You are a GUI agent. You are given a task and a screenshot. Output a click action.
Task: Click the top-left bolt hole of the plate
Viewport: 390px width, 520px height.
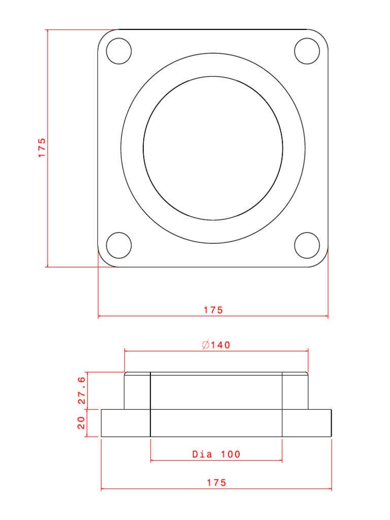tap(119, 51)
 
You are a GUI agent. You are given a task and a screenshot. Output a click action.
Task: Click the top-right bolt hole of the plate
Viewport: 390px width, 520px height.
tap(307, 51)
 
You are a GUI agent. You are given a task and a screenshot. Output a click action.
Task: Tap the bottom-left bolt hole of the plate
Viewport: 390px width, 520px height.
tap(119, 245)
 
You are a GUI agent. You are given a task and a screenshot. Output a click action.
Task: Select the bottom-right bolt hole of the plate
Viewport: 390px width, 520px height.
tap(307, 245)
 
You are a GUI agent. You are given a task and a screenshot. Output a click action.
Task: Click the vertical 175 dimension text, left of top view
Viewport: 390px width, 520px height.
tap(42, 147)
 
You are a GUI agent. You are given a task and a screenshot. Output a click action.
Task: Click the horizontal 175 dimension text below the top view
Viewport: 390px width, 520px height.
tap(213, 310)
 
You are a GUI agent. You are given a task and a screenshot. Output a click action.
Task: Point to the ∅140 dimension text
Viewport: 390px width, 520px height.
tap(216, 345)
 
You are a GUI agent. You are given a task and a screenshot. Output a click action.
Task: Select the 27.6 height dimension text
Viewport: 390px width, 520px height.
tap(81, 391)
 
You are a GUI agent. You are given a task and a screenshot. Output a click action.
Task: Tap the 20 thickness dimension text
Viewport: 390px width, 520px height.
tap(81, 422)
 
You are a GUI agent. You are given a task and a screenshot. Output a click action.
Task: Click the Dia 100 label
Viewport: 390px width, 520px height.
tap(216, 454)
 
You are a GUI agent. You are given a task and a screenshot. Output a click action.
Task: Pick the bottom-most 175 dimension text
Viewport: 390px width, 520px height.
tap(216, 483)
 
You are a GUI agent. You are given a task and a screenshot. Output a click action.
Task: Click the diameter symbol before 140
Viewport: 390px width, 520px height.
tap(206, 345)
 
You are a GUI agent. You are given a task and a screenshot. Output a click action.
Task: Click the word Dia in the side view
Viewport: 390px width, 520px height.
tap(202, 454)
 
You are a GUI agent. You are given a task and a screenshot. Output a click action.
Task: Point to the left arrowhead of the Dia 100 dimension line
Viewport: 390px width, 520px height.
tap(152, 461)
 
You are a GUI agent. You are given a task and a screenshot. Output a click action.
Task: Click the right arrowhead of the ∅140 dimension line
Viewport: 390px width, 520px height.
tap(306, 350)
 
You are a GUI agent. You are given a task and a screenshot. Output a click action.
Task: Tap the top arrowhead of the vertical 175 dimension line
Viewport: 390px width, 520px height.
tap(47, 31)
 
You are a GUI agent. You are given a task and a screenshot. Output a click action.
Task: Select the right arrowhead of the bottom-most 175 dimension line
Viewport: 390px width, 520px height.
tap(330, 489)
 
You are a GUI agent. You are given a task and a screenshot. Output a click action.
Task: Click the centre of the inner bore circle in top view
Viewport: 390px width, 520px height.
tap(213, 148)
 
